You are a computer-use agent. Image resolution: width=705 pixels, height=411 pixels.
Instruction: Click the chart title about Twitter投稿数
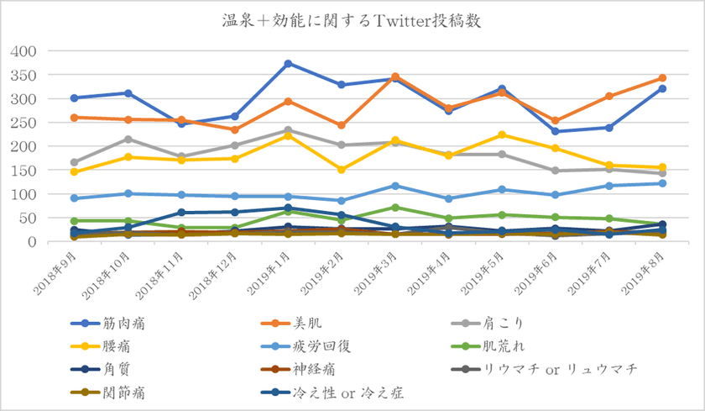(x=352, y=18)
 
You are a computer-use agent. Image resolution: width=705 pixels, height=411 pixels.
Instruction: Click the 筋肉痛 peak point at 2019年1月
(x=288, y=64)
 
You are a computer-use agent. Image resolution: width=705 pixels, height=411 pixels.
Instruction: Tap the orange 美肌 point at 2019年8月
(x=662, y=78)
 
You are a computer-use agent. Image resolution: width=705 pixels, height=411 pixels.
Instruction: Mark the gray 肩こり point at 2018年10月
(x=128, y=140)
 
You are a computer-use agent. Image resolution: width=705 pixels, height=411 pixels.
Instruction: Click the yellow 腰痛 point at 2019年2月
(x=342, y=170)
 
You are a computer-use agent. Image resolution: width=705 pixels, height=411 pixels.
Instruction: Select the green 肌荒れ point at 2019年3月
(x=394, y=208)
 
